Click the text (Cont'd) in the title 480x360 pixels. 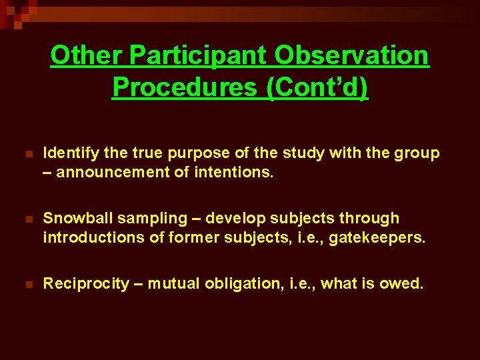pos(317,87)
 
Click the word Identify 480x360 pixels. pos(69,153)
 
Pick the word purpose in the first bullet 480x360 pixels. pos(195,153)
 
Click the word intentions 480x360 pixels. pos(230,172)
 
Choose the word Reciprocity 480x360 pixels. pos(85,284)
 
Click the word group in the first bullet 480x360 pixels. pos(417,154)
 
